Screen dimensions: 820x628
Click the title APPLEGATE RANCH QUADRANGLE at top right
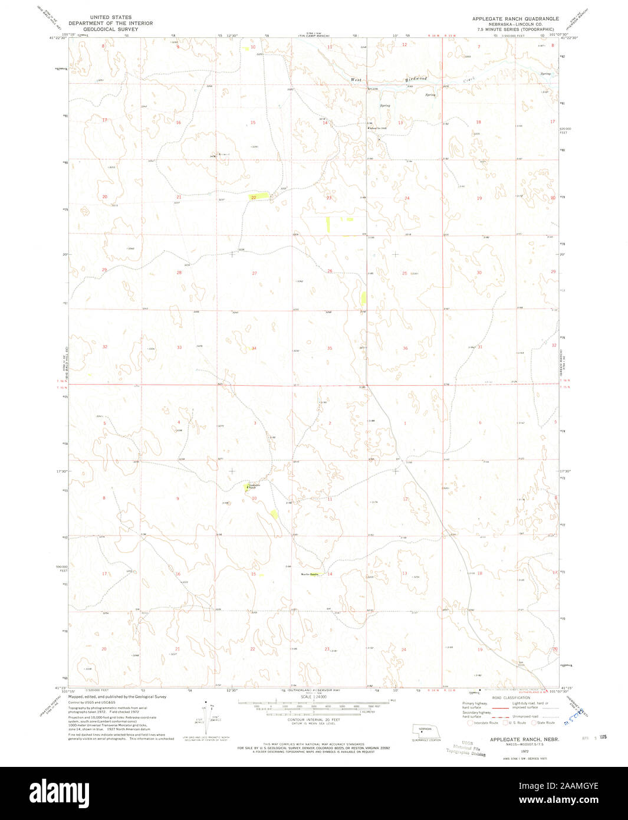pyautogui.click(x=515, y=19)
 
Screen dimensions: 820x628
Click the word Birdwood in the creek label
pyautogui.click(x=415, y=78)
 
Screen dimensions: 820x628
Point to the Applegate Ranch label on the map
pyautogui.click(x=252, y=486)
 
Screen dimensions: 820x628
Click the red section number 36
pyautogui.click(x=405, y=348)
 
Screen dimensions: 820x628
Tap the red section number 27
pyautogui.click(x=254, y=273)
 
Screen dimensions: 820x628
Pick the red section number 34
pyautogui.click(x=254, y=348)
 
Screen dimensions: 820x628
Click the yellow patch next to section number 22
pyautogui.click(x=262, y=195)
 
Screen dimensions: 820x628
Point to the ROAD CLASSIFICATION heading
pyautogui.click(x=512, y=697)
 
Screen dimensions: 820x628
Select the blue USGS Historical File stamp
pyautogui.click(x=466, y=749)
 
